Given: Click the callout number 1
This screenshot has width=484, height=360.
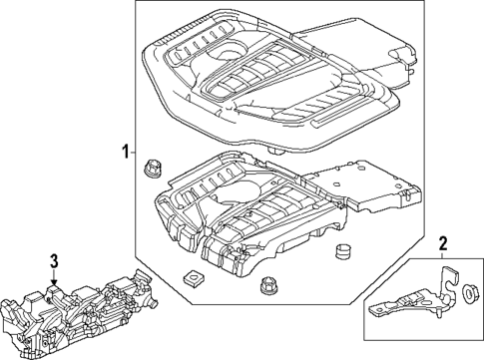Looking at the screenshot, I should pos(125,153).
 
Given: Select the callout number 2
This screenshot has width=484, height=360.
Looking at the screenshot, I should pos(442,242).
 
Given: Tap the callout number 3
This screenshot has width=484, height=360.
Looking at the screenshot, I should pos(54,261).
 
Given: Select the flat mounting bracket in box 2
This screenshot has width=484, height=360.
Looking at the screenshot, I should pos(409,304).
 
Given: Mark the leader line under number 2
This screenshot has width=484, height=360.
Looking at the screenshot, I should pos(442,257).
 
